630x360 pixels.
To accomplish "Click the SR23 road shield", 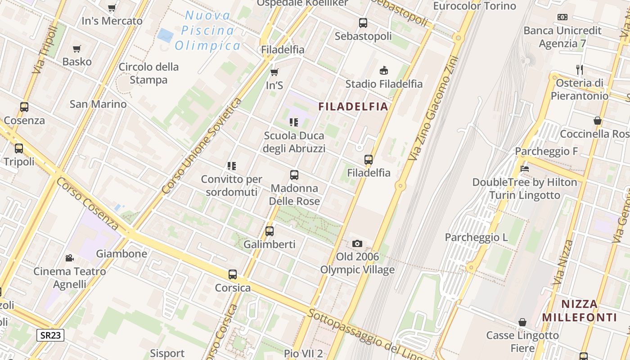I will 50,335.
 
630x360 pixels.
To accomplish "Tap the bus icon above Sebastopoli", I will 363,22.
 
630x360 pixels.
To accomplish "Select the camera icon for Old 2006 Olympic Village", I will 357,243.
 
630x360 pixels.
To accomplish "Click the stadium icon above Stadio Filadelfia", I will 384,70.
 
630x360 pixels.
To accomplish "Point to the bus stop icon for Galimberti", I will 270,231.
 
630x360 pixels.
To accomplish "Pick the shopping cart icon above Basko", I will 77,49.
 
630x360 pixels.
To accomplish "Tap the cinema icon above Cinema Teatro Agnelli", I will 69,258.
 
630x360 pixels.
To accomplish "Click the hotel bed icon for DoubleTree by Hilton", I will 524,169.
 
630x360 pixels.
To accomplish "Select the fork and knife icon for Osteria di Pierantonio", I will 580,69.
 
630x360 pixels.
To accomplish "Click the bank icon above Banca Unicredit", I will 562,17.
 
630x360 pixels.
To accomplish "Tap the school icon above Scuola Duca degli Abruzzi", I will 294,122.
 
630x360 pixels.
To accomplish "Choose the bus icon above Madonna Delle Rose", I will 294,175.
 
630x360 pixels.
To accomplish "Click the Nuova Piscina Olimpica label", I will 208,31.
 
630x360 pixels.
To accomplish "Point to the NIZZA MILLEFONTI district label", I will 579,310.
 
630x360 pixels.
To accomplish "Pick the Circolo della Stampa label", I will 148,73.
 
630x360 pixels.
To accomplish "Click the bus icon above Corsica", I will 233,274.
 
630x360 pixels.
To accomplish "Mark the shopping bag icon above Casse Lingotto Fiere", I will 522,322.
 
